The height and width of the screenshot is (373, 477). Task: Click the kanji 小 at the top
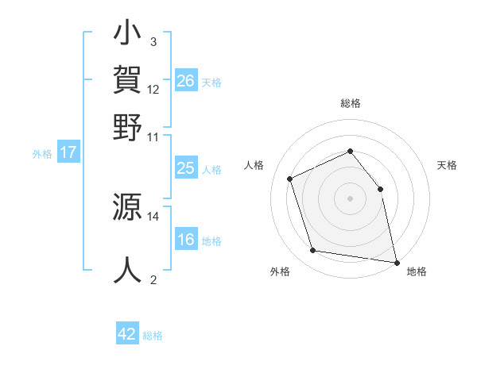coord(128,37)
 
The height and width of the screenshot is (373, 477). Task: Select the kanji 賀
coord(128,82)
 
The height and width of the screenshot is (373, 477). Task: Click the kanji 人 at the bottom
coord(128,270)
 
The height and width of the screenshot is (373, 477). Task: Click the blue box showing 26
coord(186,81)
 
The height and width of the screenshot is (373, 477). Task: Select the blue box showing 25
coord(186,168)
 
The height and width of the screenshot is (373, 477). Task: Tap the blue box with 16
coord(186,240)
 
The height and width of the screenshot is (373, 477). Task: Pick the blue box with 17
coord(68,152)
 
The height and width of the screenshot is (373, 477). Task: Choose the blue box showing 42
coord(127,334)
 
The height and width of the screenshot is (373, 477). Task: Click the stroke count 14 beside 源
coord(153,216)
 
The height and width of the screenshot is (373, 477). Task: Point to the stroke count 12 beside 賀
coord(153,89)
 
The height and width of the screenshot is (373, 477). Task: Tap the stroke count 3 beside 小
coord(153,41)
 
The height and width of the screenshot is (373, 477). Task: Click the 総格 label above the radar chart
coord(350,104)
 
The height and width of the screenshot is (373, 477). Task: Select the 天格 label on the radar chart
coord(447,165)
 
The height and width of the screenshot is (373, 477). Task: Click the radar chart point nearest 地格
coord(395,261)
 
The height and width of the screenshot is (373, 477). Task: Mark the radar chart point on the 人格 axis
coord(291,178)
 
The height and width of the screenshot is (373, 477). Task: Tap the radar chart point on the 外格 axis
coord(313,251)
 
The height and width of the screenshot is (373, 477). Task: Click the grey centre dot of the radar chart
coord(350,198)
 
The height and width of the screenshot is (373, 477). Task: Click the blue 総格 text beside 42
coord(153,336)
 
